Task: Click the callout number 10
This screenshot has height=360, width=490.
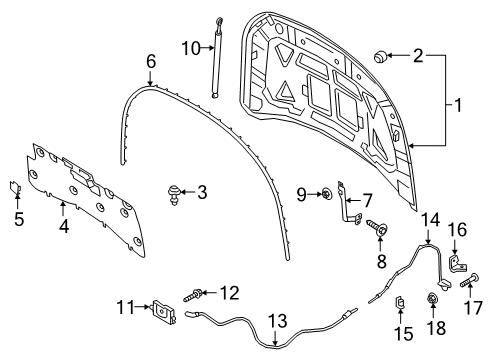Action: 190,46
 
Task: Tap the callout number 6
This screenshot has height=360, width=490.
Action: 151,62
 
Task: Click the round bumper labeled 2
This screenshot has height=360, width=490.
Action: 381,53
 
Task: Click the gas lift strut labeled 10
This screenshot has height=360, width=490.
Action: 216,56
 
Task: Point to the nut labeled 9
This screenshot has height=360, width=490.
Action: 328,195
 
